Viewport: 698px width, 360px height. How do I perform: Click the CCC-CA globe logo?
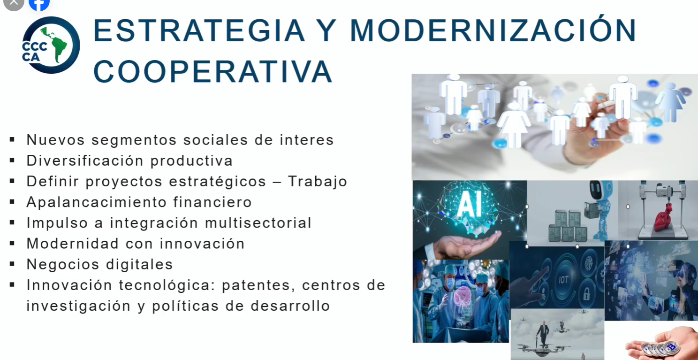(x=51, y=45)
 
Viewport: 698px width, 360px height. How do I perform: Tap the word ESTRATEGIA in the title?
(x=199, y=31)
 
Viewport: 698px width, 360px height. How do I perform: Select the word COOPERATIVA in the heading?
(x=213, y=72)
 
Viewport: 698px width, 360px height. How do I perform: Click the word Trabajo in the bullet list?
(x=318, y=181)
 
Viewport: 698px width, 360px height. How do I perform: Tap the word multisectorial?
(x=258, y=223)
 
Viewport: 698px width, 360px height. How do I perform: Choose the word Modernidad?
(x=73, y=244)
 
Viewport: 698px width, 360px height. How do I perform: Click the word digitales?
(x=139, y=264)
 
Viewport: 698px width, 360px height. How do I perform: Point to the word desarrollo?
(x=290, y=306)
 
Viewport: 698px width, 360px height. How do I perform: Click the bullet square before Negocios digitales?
(x=12, y=264)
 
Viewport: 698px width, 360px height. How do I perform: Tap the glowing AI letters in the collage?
(x=470, y=204)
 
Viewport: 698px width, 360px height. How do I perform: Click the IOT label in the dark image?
(x=563, y=280)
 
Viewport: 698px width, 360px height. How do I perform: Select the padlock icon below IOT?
(x=586, y=293)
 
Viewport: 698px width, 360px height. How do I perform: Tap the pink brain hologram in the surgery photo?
(x=463, y=297)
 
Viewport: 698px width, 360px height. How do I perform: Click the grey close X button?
(x=14, y=3)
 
